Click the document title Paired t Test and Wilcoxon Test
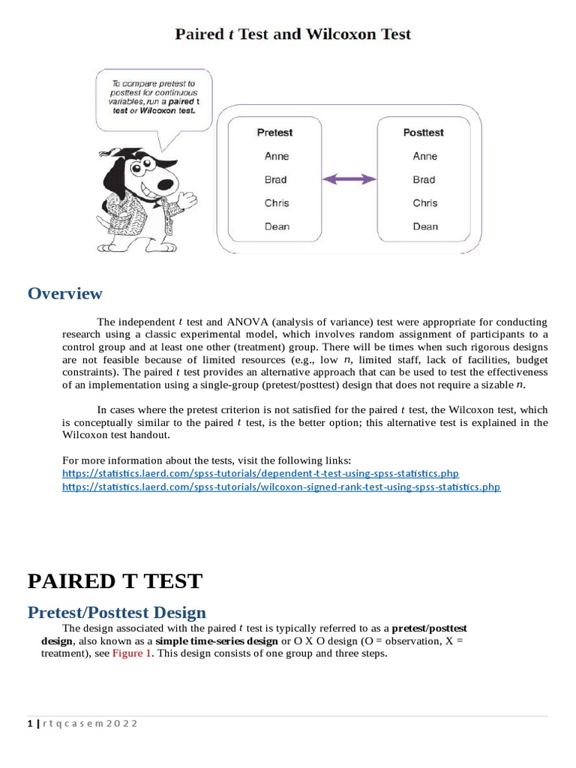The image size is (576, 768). pyautogui.click(x=292, y=34)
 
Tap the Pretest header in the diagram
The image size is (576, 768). pyautogui.click(x=274, y=133)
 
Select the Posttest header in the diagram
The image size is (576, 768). pyautogui.click(x=423, y=133)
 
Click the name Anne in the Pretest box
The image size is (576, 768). pyautogui.click(x=276, y=156)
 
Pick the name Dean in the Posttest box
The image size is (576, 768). pyautogui.click(x=424, y=226)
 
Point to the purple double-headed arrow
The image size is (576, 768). pyautogui.click(x=349, y=179)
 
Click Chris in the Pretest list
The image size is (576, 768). pyautogui.click(x=276, y=203)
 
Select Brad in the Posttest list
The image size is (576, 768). pyautogui.click(x=424, y=180)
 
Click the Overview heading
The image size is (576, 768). pyautogui.click(x=64, y=293)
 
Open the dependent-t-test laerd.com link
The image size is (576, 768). pyautogui.click(x=260, y=474)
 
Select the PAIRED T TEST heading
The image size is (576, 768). pyautogui.click(x=115, y=581)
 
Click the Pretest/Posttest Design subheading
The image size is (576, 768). pyautogui.click(x=116, y=613)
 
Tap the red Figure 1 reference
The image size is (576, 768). pyautogui.click(x=132, y=653)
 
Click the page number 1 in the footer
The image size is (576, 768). pyautogui.click(x=29, y=724)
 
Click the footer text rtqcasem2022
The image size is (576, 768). pyautogui.click(x=90, y=724)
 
